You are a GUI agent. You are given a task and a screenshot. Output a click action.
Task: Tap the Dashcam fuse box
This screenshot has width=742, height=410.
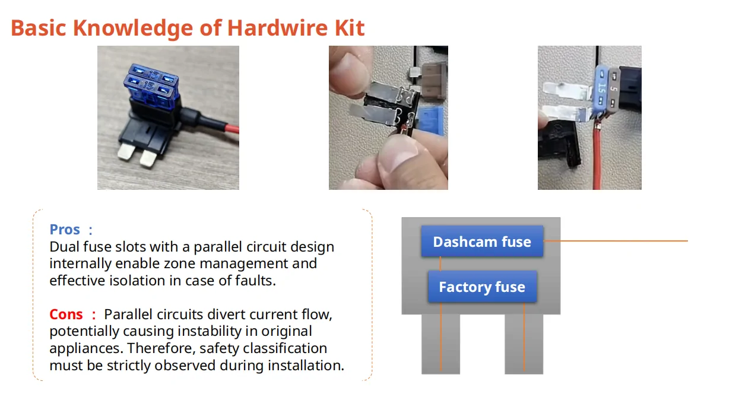(x=482, y=241)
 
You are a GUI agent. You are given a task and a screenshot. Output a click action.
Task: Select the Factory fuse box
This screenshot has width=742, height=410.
(x=482, y=287)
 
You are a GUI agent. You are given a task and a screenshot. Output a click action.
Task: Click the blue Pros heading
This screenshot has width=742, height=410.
(x=65, y=230)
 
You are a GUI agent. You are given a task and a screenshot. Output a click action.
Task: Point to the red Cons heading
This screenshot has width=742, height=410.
(x=66, y=314)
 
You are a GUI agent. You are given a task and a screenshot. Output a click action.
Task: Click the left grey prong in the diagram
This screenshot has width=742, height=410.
(x=440, y=344)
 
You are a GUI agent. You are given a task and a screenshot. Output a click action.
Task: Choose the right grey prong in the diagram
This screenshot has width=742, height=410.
(x=524, y=344)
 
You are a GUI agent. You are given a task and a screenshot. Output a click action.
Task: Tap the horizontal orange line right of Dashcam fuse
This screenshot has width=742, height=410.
(x=617, y=241)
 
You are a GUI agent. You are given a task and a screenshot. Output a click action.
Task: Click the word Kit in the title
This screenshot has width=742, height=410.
(x=348, y=28)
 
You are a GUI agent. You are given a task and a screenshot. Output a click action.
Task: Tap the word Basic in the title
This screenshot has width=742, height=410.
(x=38, y=28)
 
